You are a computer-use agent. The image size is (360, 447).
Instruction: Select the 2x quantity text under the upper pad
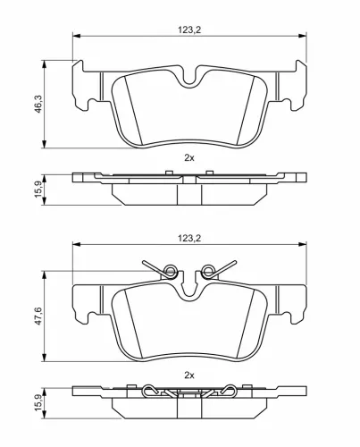[188, 156]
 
